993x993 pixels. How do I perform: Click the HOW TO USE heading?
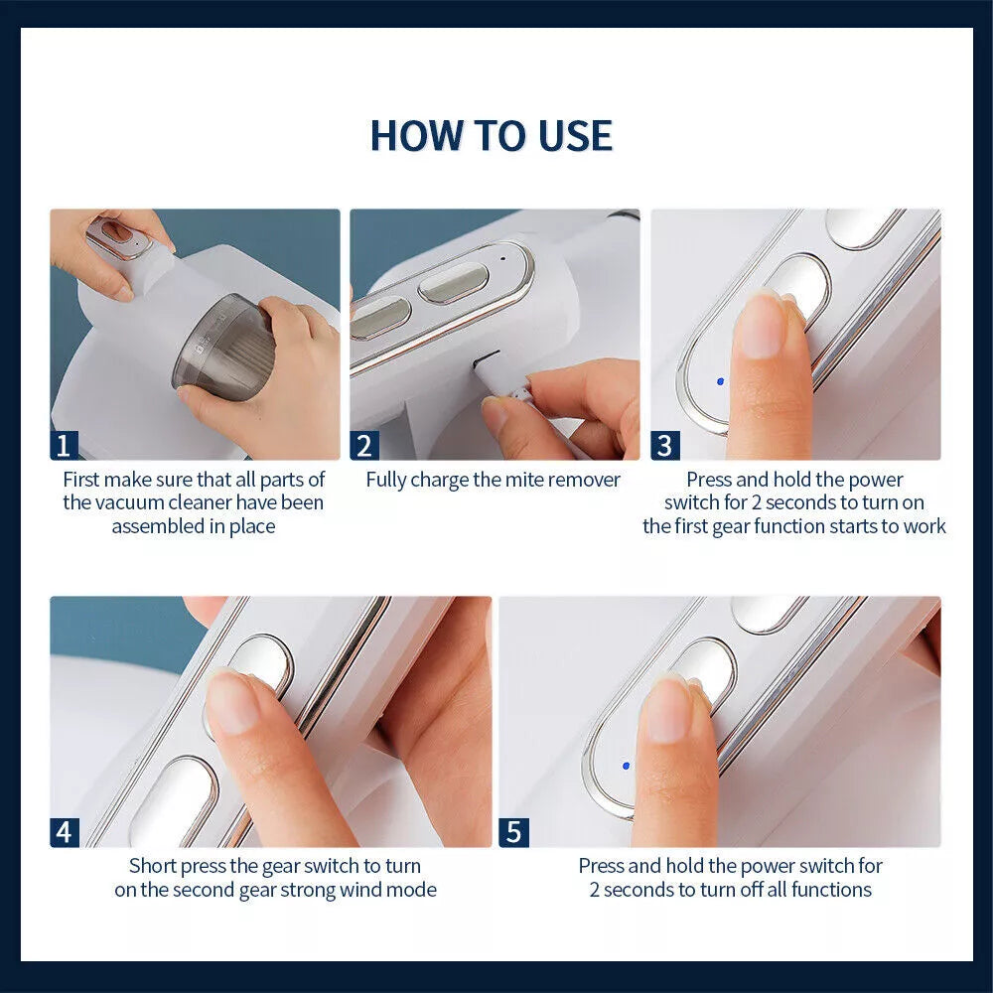[492, 136]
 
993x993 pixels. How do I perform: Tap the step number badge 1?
[65, 445]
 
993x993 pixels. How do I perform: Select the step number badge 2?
[364, 445]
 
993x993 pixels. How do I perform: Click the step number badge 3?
[664, 445]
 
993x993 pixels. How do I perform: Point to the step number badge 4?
[65, 832]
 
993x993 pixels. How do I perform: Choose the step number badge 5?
[513, 832]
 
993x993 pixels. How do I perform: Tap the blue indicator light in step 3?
[720, 381]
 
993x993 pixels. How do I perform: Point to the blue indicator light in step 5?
[625, 766]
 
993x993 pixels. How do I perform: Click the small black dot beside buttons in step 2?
[502, 258]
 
